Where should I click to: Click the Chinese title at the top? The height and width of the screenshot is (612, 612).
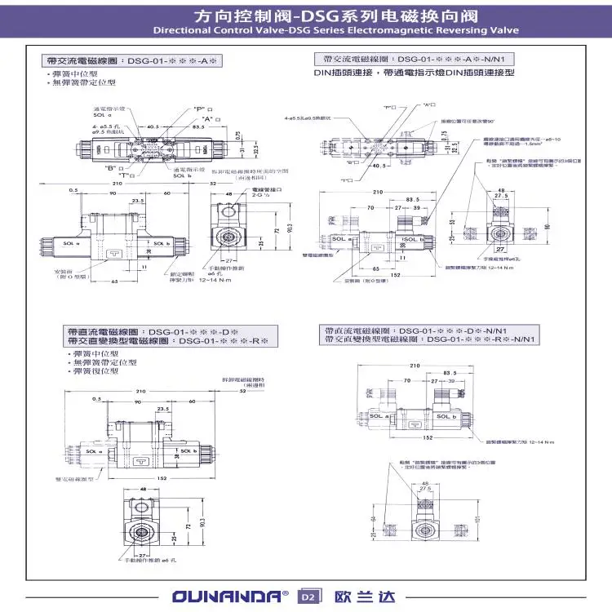305,16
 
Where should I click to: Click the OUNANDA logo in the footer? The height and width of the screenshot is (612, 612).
229,596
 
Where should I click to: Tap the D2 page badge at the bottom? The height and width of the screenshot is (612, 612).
308,596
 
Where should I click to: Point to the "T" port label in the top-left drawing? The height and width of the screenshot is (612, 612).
126,175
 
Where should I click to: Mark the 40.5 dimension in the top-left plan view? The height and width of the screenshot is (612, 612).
153,127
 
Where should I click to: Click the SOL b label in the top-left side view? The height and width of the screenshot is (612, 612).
161,244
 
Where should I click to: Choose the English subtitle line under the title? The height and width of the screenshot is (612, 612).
305,30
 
